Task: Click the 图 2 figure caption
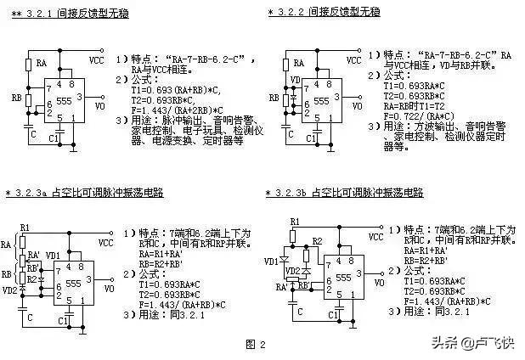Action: click(256, 344)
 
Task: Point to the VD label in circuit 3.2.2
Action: click(295, 82)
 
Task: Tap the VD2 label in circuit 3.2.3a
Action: click(10, 289)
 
